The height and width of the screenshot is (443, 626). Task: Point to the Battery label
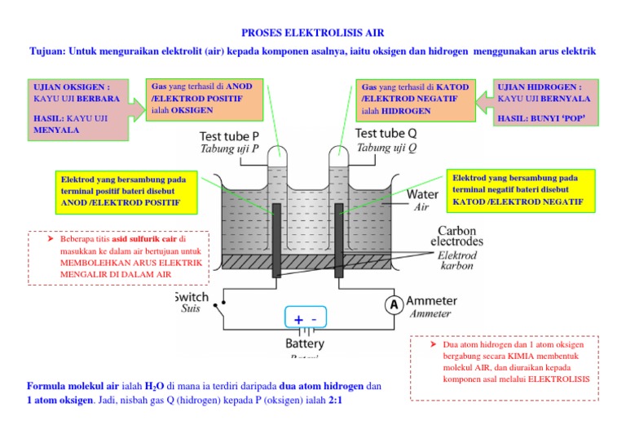click(x=306, y=343)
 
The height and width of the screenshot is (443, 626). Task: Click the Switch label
click(x=192, y=297)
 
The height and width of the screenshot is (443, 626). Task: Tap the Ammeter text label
click(x=432, y=301)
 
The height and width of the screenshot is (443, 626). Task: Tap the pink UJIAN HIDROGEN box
click(x=546, y=103)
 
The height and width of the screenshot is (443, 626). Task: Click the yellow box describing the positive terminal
click(x=121, y=190)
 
